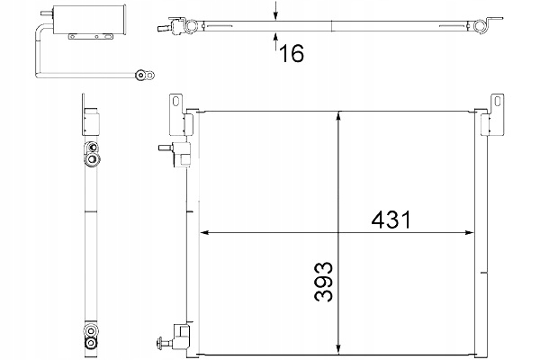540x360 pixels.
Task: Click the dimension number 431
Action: [x=391, y=220]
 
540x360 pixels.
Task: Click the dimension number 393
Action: [x=324, y=282]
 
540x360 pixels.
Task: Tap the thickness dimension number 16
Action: [x=292, y=53]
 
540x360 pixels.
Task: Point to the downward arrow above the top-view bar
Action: [x=275, y=10]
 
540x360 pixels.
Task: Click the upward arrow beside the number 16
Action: [x=275, y=41]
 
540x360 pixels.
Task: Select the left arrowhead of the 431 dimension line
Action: [x=204, y=232]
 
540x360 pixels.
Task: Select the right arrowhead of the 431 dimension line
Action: [x=470, y=232]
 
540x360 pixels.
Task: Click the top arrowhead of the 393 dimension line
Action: [x=339, y=116]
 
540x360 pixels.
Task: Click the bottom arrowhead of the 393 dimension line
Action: [x=339, y=349]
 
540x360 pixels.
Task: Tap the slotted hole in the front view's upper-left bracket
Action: [x=176, y=102]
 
